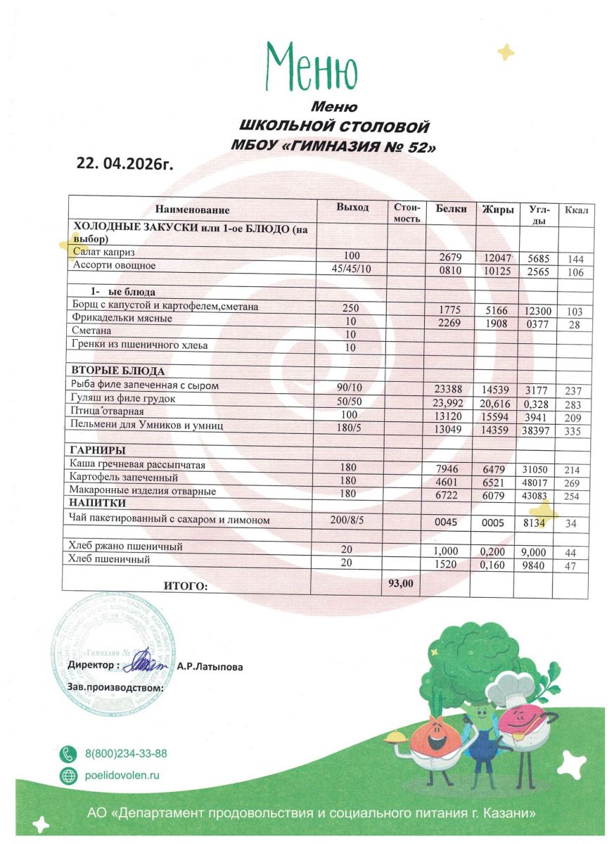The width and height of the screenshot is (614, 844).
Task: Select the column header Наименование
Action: [193, 210]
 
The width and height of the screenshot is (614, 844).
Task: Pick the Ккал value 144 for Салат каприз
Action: [575, 259]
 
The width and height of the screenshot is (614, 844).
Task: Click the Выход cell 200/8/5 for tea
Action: [349, 520]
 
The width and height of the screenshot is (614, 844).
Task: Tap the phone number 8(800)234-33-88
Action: [126, 753]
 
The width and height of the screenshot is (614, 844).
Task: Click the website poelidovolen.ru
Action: [122, 775]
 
